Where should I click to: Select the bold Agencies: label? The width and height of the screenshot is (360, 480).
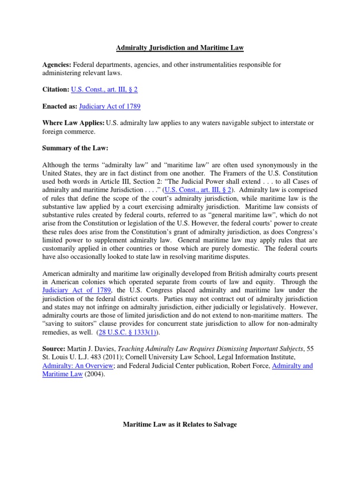(57, 64)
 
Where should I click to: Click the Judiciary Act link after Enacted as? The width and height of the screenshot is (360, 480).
(110, 106)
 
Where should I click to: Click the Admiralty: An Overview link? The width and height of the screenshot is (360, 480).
(78, 365)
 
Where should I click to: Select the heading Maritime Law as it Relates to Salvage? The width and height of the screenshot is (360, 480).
(180, 424)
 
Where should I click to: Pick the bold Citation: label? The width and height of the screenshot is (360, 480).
(56, 89)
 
